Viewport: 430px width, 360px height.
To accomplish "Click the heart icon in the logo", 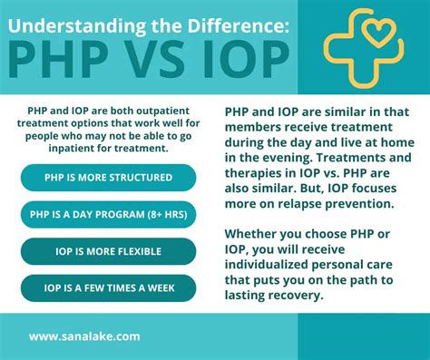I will pyautogui.click(x=382, y=35).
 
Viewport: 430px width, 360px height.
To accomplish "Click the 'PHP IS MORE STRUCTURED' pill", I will pyautogui.click(x=108, y=177).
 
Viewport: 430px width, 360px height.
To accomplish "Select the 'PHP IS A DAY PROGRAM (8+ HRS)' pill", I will pyautogui.click(x=108, y=214).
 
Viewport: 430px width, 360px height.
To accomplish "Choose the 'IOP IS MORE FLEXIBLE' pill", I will pyautogui.click(x=108, y=251).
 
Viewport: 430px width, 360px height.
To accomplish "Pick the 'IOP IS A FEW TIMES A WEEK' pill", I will pyautogui.click(x=108, y=288).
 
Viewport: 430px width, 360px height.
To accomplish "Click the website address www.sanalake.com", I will pyautogui.click(x=84, y=336).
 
